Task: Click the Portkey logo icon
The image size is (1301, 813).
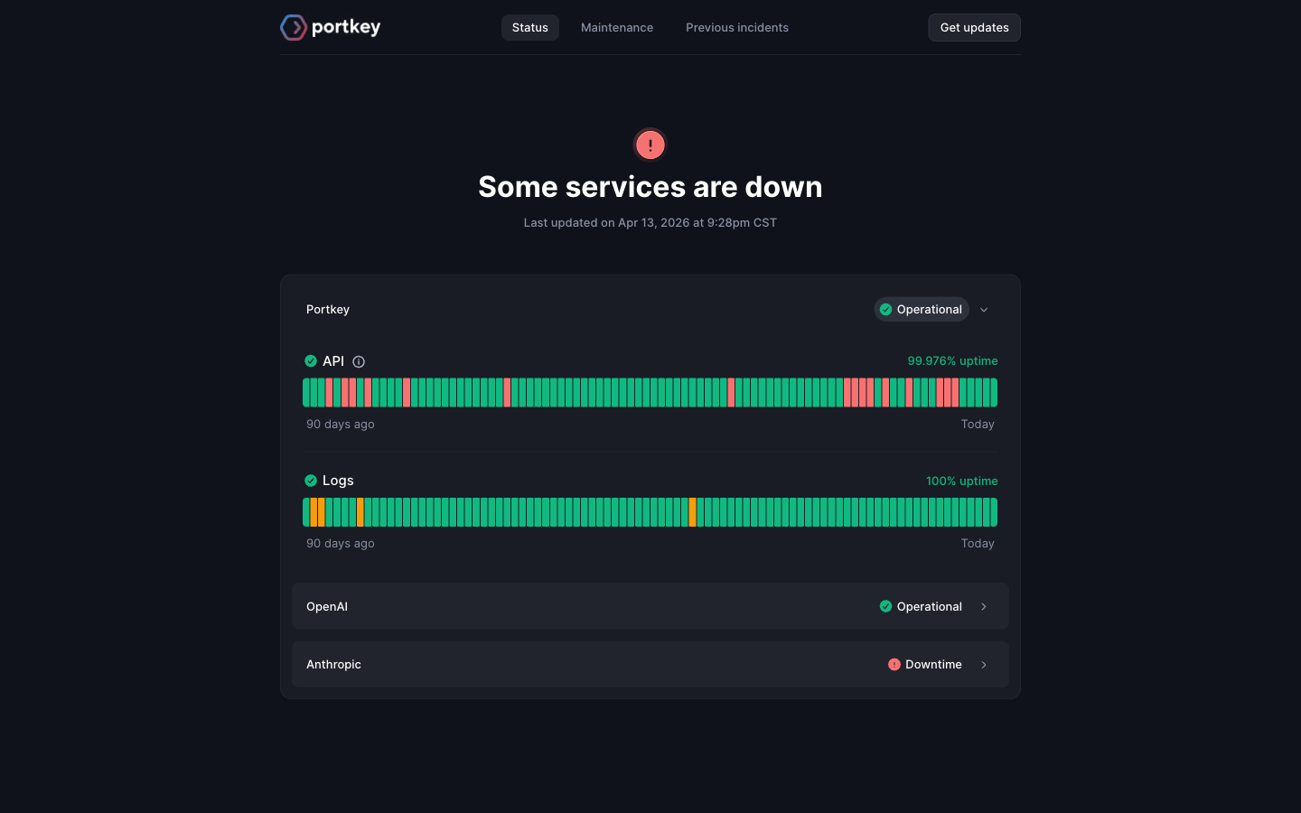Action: pyautogui.click(x=294, y=27)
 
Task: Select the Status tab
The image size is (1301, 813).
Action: pyautogui.click(x=529, y=27)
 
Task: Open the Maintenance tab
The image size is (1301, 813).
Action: pyautogui.click(x=617, y=27)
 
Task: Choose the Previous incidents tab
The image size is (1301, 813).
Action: pyautogui.click(x=737, y=27)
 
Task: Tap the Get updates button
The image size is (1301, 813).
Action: pyautogui.click(x=974, y=27)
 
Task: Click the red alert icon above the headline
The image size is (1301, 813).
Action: pyautogui.click(x=650, y=145)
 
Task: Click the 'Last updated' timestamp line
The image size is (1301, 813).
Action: pyautogui.click(x=650, y=222)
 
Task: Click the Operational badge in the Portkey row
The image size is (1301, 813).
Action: pyautogui.click(x=922, y=310)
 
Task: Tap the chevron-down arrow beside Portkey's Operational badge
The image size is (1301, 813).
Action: pyautogui.click(x=984, y=310)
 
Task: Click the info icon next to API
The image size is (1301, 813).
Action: pyautogui.click(x=359, y=361)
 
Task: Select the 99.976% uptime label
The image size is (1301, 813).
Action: pyautogui.click(x=952, y=360)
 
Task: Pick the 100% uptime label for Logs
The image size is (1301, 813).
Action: pyautogui.click(x=962, y=481)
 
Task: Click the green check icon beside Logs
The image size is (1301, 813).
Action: pyautogui.click(x=311, y=481)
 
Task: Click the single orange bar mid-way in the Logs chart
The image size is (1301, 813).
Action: pyautogui.click(x=692, y=512)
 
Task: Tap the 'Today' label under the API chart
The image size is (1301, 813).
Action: pyautogui.click(x=978, y=424)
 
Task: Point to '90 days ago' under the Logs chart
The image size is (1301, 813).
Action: pyautogui.click(x=341, y=544)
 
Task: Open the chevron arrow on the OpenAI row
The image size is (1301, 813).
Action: pyautogui.click(x=984, y=606)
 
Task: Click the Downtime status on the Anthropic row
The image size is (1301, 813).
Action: pyautogui.click(x=924, y=664)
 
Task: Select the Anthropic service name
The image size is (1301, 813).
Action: pyautogui.click(x=333, y=664)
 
